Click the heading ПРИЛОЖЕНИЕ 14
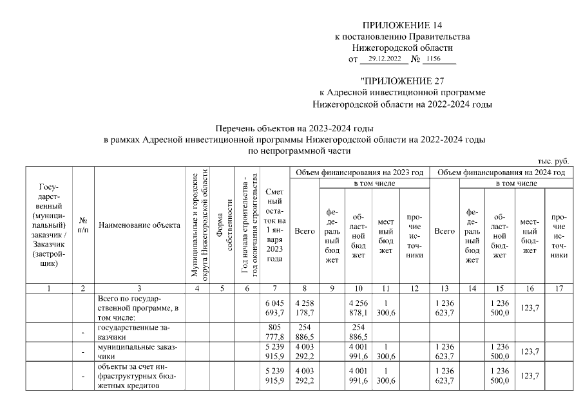coord(403,25)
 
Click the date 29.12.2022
coord(385,59)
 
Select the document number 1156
coord(440,59)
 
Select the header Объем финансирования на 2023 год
coord(359,173)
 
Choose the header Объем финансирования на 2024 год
coord(501,173)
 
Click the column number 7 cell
coord(274,288)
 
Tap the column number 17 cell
coord(559,288)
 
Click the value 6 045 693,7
coord(274,308)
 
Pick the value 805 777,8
coord(274,332)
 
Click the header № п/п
coord(82,226)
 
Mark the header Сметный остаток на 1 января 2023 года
coord(274,225)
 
